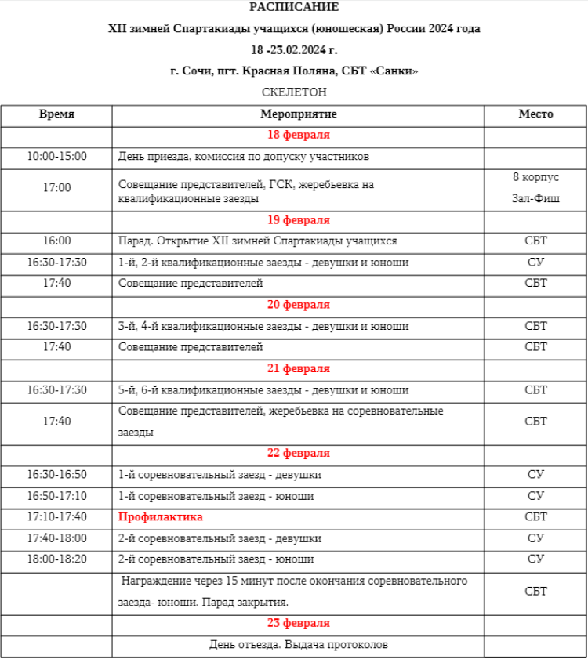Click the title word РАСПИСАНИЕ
click(294, 8)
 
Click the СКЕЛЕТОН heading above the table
click(294, 92)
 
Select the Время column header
click(57, 114)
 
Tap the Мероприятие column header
click(298, 114)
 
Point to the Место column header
click(535, 114)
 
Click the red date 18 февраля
click(298, 135)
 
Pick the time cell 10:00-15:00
click(57, 156)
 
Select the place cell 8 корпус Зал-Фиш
click(535, 188)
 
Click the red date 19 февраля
click(298, 220)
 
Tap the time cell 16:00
click(57, 241)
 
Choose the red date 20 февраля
click(298, 305)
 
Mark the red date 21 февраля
click(298, 368)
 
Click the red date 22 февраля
click(298, 454)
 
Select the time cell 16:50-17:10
click(57, 496)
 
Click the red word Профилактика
click(161, 517)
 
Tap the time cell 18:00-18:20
click(57, 559)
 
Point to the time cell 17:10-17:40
click(57, 517)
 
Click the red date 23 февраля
click(298, 624)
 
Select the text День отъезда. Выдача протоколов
click(298, 645)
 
